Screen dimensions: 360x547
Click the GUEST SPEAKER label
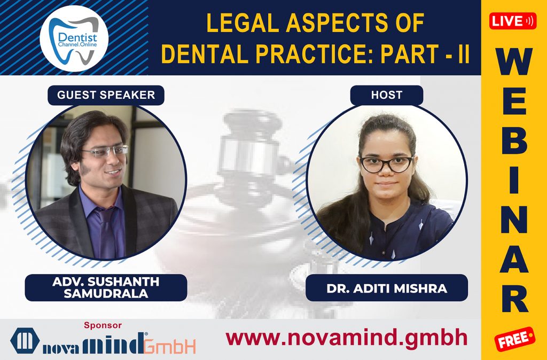click(106, 95)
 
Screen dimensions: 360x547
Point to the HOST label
click(386, 95)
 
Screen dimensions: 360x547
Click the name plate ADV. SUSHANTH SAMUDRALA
click(106, 287)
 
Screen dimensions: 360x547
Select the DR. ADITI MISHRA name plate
click(387, 288)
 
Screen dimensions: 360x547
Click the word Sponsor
click(103, 325)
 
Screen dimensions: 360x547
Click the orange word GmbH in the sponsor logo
click(169, 346)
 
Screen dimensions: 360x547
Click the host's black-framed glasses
click(386, 165)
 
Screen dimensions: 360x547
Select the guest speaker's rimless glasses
click(105, 151)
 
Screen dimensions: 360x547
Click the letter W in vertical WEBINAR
click(514, 65)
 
